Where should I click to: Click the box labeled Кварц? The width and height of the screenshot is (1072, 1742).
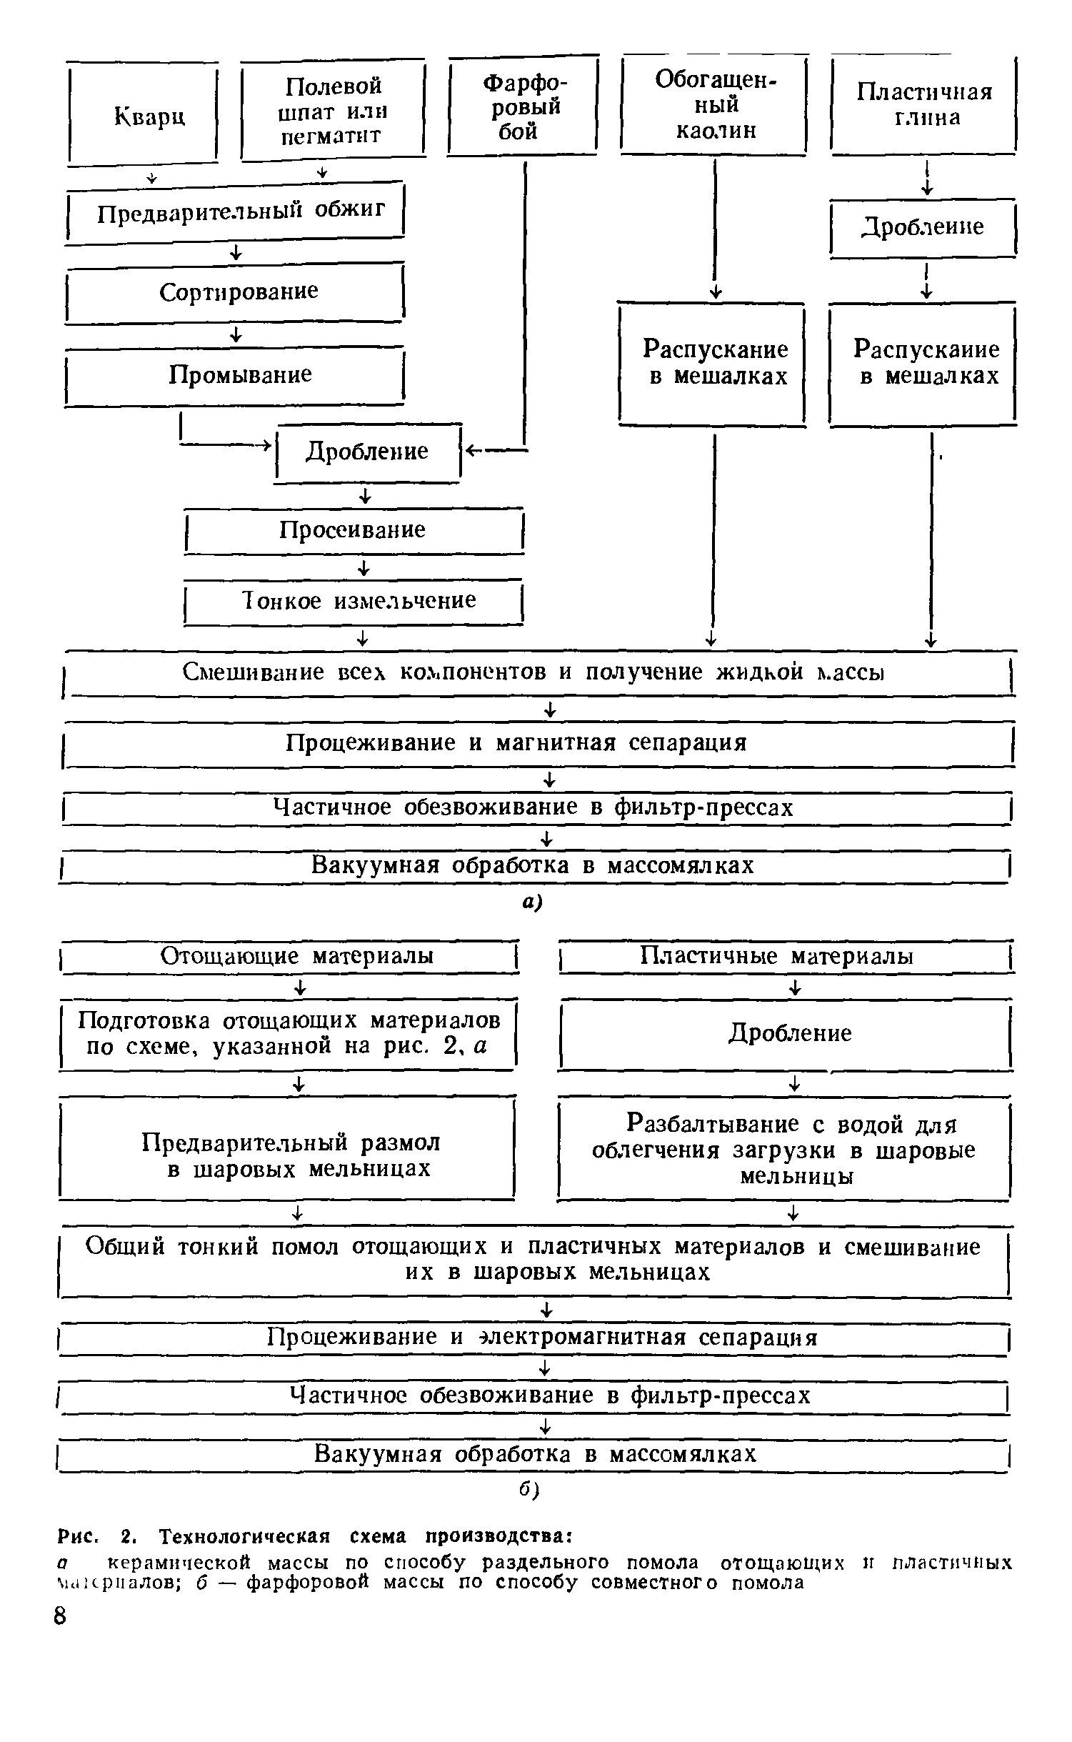coord(143,114)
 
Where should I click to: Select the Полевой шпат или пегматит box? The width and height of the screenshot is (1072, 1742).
coord(333,110)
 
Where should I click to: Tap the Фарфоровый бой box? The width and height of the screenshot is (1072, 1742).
coord(524,107)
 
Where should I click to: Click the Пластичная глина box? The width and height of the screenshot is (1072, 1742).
coord(923,104)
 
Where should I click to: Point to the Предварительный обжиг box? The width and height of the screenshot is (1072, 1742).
coord(236,211)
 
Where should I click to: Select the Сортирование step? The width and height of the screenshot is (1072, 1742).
coord(236,292)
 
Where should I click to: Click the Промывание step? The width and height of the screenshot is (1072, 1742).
coord(236,375)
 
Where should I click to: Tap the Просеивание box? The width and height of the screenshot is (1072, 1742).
coord(354,529)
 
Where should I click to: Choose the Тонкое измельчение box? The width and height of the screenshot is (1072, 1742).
coord(354,601)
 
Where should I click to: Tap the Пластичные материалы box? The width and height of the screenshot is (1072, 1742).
coord(786,956)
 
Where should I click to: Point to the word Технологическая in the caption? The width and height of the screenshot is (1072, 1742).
coord(246,1535)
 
